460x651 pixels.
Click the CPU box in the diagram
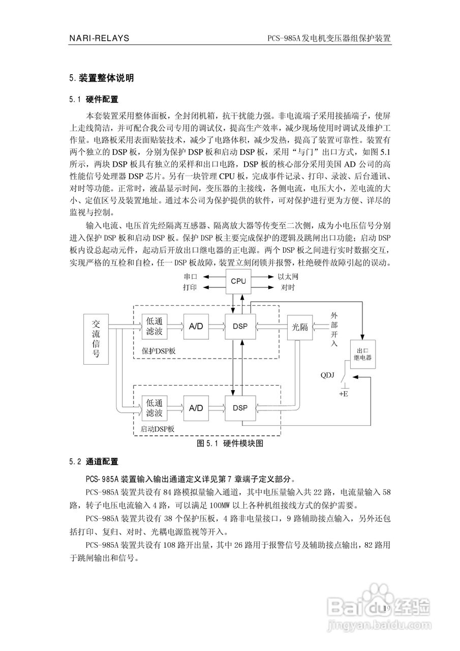238,281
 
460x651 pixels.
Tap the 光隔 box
300,327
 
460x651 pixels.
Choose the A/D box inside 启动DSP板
196,408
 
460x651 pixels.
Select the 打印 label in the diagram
190,287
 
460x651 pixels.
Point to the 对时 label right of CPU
288,287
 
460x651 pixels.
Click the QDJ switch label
327,376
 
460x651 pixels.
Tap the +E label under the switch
344,393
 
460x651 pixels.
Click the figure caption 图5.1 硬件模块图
230,443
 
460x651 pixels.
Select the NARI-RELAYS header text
99,38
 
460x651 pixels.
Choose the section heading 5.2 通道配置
94,462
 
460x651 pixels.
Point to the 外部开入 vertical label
334,330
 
